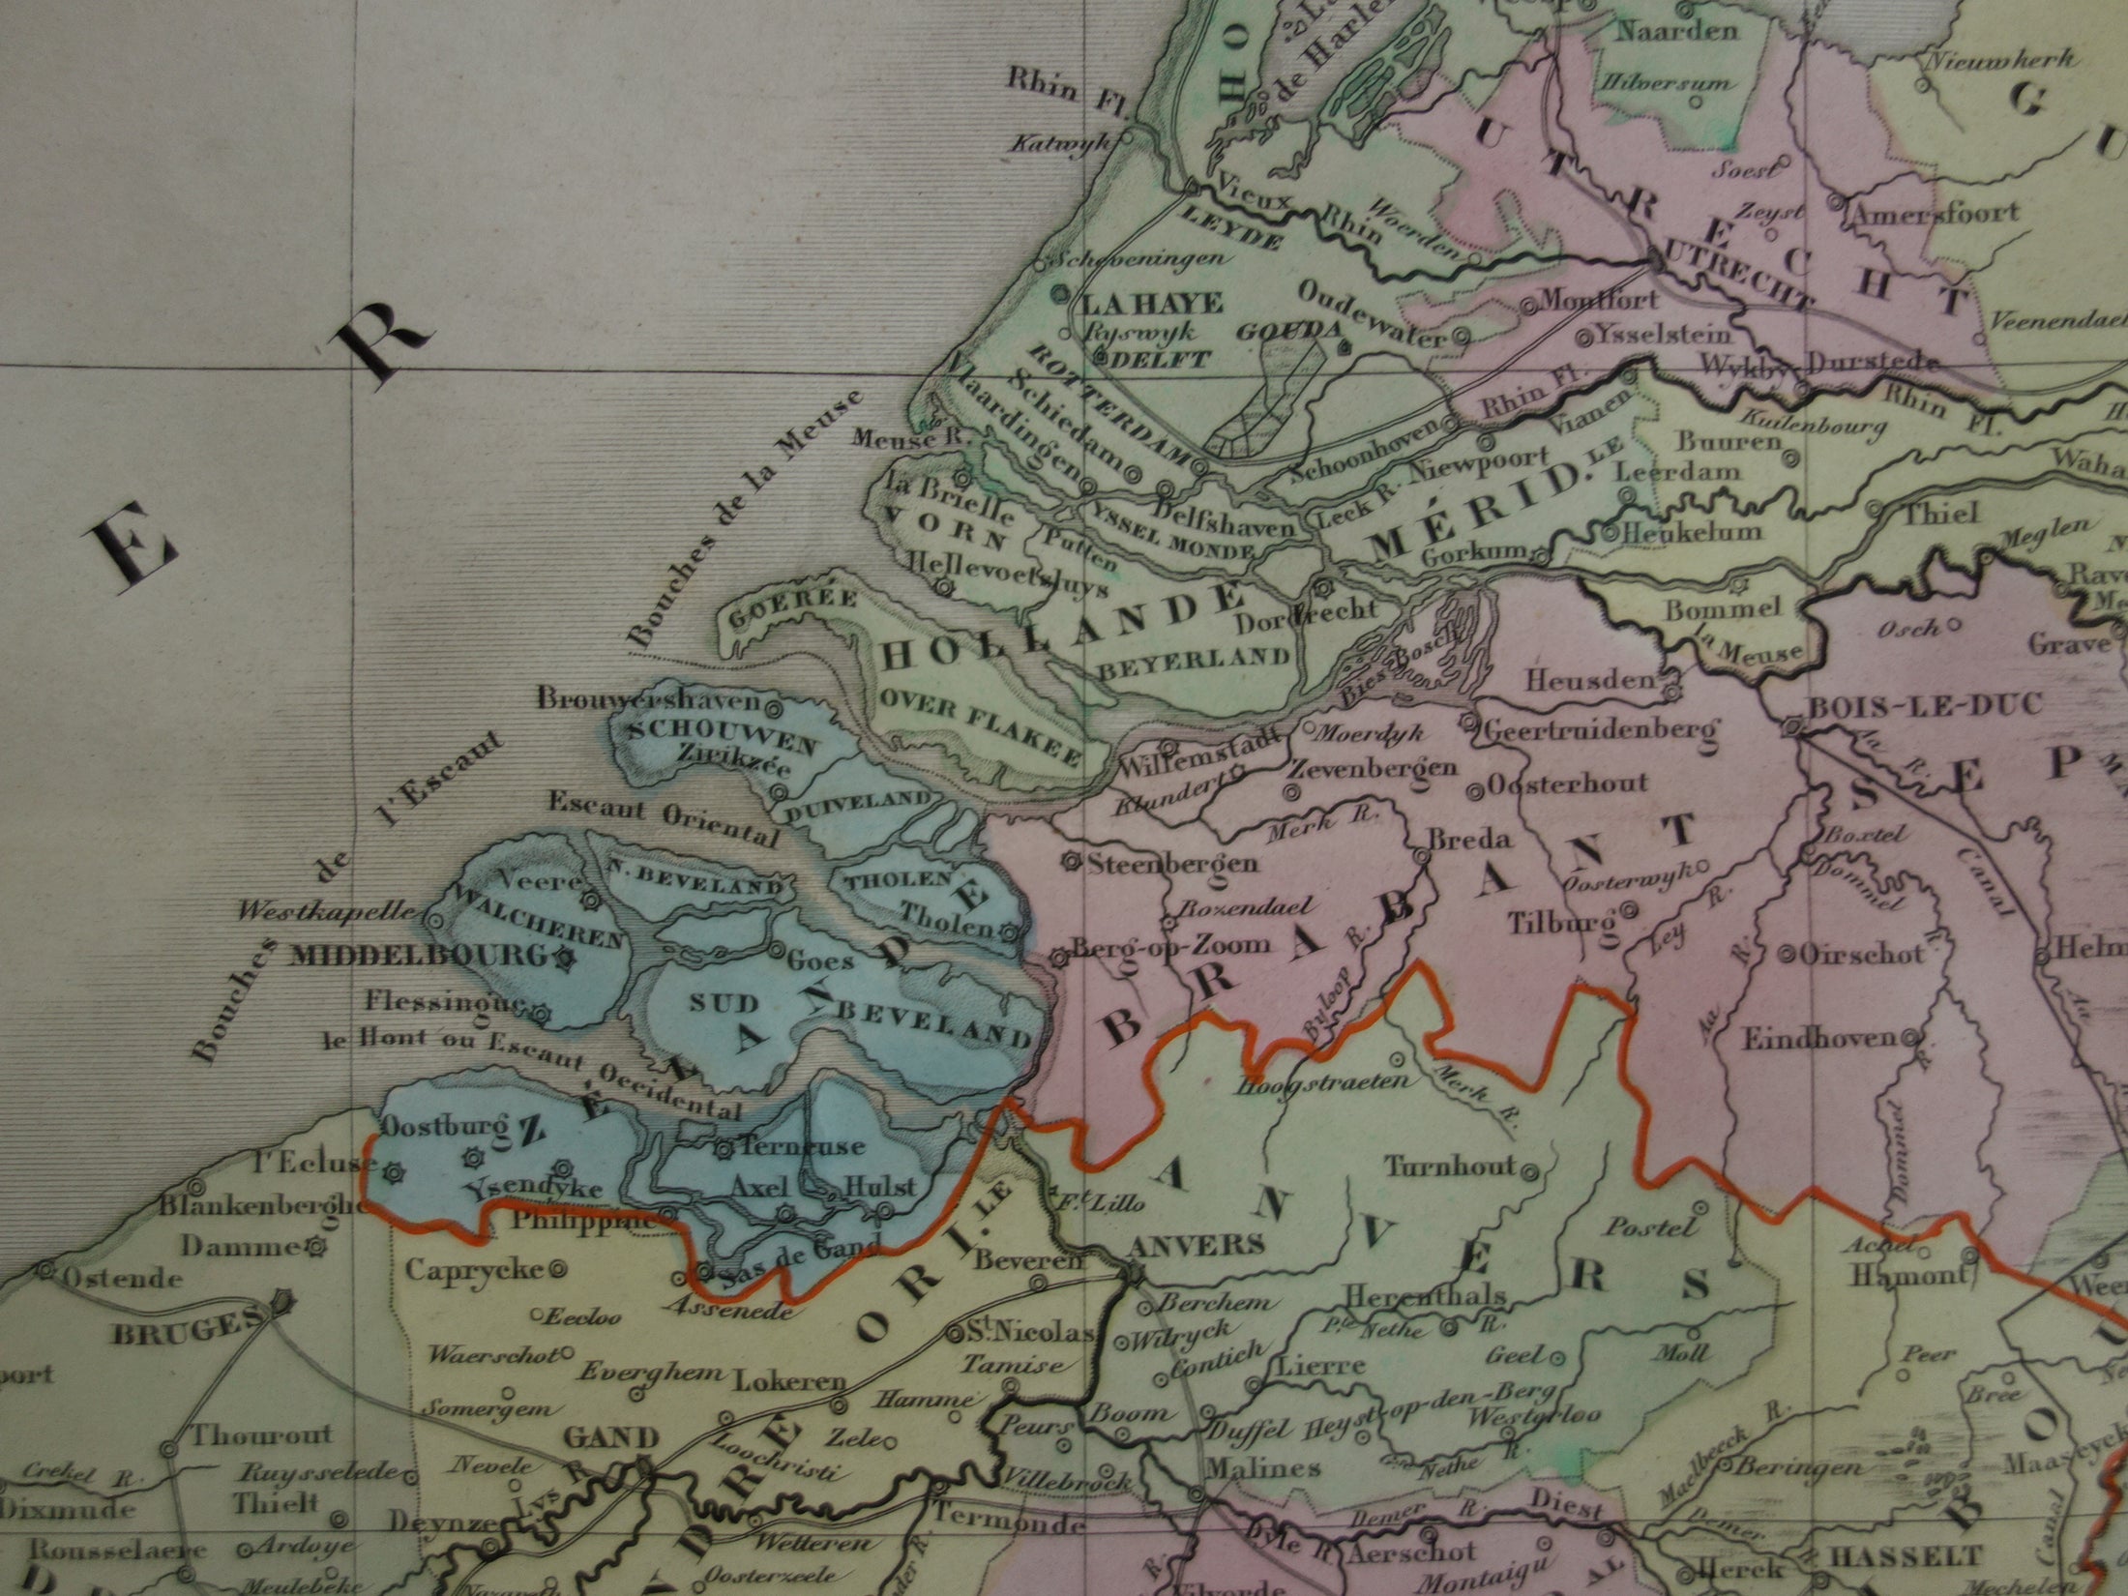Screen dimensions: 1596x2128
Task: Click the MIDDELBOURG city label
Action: pyautogui.click(x=419, y=956)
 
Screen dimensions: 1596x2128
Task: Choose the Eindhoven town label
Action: pyautogui.click(x=1818, y=1039)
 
